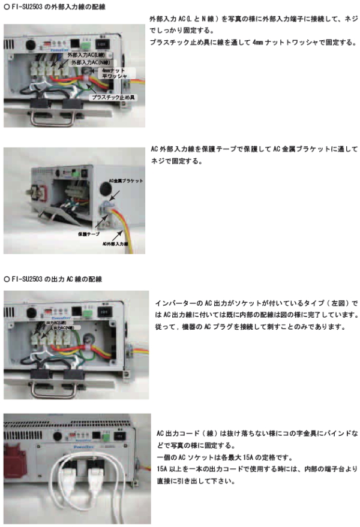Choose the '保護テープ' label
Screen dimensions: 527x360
[x=88, y=233]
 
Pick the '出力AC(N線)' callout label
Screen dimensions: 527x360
[x=63, y=329]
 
